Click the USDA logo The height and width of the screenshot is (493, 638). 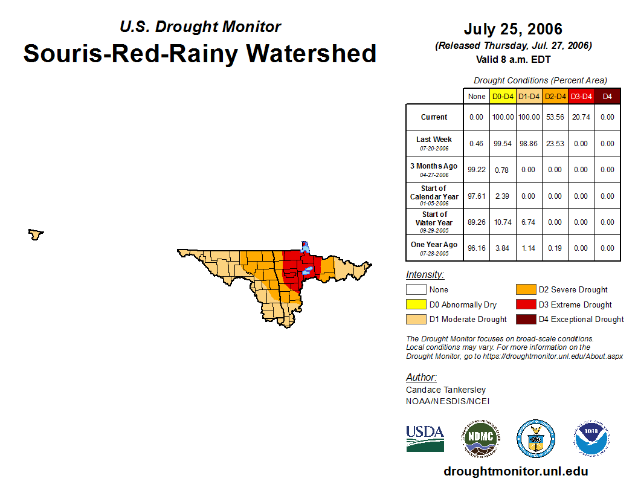point(425,438)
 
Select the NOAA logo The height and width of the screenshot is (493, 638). point(591,438)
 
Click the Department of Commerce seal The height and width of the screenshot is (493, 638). point(535,438)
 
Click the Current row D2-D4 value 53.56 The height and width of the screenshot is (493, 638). point(555,117)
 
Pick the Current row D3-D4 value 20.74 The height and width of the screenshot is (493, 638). point(581,117)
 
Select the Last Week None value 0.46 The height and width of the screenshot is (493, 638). point(476,144)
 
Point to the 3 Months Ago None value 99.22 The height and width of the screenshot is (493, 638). point(476,170)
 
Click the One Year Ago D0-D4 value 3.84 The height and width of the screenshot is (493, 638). point(503,248)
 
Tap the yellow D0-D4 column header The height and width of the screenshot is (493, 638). point(503,96)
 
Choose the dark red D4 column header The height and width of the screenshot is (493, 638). point(607,96)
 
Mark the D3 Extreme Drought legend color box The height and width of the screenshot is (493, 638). point(525,304)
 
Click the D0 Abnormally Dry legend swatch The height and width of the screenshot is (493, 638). point(416,304)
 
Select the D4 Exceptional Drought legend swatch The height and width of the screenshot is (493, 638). point(525,319)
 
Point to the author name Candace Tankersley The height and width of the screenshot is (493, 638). point(445,390)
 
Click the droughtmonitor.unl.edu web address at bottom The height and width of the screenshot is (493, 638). point(515,471)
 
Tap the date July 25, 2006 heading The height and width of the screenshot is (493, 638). point(513,29)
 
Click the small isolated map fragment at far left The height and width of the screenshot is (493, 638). point(36,234)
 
